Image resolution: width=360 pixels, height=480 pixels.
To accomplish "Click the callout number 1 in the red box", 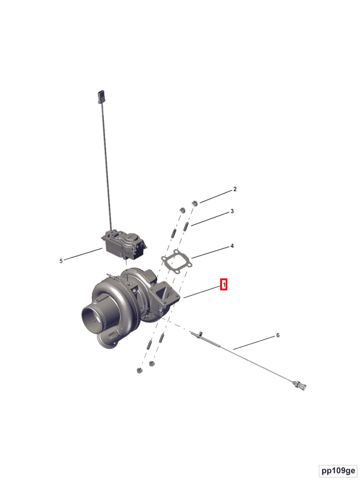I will (224, 284).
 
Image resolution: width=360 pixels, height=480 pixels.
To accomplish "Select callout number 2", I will (235, 190).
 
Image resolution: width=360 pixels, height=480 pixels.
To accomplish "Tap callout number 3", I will (232, 211).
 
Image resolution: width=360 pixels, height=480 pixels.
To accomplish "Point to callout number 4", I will (232, 246).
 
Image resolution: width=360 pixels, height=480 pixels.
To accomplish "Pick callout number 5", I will (61, 260).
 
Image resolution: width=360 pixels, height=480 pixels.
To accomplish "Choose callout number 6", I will (278, 335).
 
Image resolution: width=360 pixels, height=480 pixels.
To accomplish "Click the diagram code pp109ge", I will (338, 470).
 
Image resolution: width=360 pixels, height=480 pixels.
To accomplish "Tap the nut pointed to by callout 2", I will (194, 205).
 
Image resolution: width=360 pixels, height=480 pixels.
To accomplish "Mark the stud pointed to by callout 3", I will (187, 227).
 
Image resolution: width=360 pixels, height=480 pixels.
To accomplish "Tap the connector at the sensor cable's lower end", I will (299, 384).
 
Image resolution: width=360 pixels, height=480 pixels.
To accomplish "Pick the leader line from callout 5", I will (83, 254).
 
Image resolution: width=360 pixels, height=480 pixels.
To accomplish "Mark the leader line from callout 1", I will (202, 292).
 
